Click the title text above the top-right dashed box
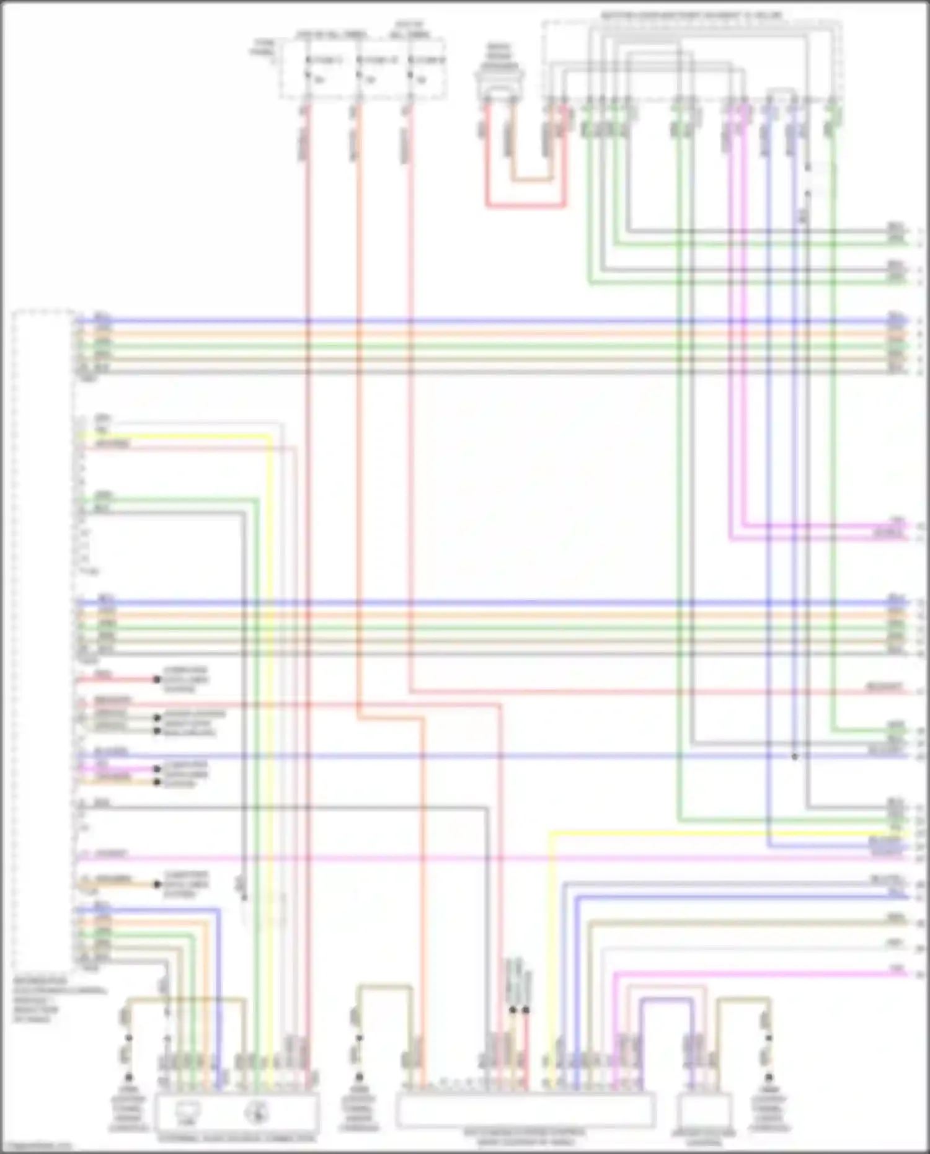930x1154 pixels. coord(692,15)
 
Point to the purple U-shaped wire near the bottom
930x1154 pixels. coord(666,1000)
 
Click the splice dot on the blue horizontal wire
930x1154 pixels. coord(795,757)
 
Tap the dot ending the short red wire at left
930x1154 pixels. coord(157,680)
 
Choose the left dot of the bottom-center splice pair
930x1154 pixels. coord(513,1010)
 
